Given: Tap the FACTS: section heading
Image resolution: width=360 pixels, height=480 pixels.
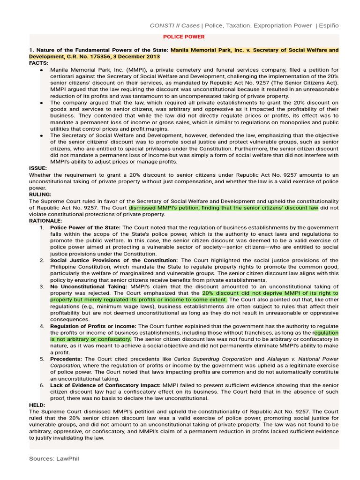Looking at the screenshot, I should click(x=38, y=63).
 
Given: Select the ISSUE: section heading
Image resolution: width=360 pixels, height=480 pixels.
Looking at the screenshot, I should click(x=37, y=168).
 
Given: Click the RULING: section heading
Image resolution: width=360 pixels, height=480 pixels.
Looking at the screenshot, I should click(x=40, y=194).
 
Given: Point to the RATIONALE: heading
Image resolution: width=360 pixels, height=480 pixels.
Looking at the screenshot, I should click(x=45, y=220).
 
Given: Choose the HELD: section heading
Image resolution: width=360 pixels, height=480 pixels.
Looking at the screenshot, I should click(x=37, y=405).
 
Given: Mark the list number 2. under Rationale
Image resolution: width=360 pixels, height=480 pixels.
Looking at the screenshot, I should click(x=42, y=260).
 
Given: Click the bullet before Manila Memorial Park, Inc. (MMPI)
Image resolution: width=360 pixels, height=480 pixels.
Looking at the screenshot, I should click(x=42, y=70).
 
